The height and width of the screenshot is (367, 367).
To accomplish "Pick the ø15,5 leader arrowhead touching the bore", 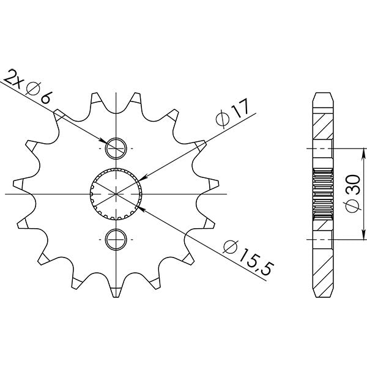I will [x=140, y=208].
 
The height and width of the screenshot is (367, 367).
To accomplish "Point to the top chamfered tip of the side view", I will [x=324, y=95].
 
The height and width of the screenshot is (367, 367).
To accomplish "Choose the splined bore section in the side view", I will [x=324, y=194].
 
